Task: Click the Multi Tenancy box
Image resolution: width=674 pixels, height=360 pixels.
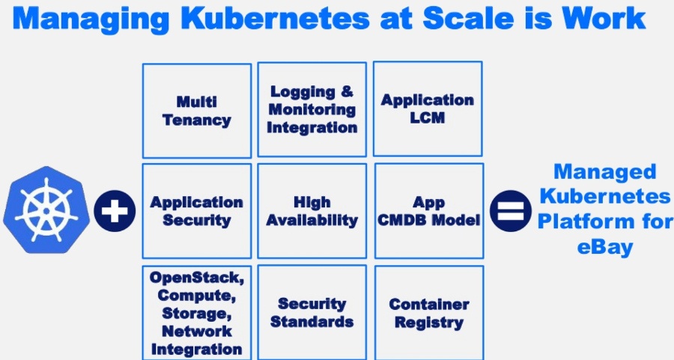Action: [197, 110]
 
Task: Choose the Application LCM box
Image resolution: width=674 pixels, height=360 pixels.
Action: [428, 109]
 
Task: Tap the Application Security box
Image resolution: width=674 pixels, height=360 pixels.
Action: [197, 211]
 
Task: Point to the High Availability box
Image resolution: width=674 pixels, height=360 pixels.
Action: [312, 211]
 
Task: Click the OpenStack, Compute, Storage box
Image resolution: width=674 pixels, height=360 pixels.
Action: [197, 312]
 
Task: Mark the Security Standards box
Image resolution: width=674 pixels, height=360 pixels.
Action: [312, 312]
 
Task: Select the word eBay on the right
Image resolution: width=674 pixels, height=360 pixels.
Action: [605, 247]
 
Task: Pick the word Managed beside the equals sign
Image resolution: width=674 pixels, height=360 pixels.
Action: [605, 171]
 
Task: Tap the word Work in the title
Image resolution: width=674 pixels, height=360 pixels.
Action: [606, 18]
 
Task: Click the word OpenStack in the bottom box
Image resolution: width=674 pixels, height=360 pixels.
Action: [196, 277]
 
